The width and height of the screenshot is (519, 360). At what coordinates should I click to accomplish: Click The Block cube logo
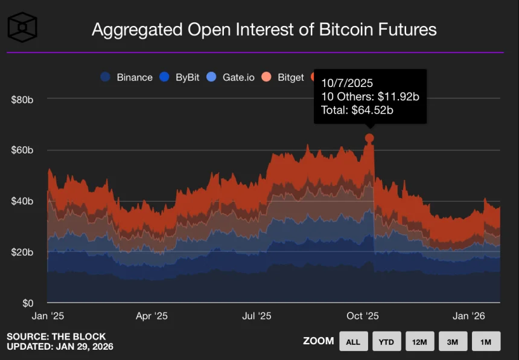pos(22,27)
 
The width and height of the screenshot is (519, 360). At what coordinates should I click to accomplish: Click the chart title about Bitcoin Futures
pos(264,30)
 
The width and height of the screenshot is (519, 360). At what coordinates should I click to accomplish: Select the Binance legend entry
pos(127,77)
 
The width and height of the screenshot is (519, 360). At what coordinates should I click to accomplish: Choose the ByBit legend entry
pos(180,77)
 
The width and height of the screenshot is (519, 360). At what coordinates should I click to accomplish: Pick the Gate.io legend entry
pos(231,77)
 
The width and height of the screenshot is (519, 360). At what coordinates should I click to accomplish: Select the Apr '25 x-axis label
pos(151,316)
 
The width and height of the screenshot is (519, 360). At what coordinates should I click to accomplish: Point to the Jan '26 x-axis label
pos(469,316)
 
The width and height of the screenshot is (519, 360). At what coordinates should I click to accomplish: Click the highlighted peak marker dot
pos(369,138)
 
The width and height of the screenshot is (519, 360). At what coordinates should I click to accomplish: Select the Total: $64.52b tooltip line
pos(357,110)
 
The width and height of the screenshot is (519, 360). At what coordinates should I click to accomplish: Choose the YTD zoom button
pos(387,342)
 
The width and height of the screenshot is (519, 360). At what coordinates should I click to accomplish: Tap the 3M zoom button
pos(453,342)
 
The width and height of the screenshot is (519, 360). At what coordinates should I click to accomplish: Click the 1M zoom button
pos(486,342)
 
